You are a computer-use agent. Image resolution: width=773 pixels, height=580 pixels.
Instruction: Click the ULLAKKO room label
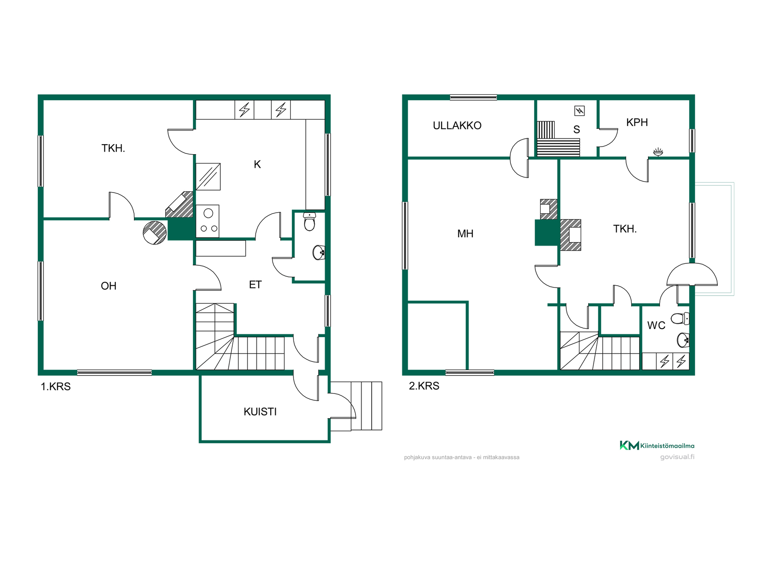click(457, 126)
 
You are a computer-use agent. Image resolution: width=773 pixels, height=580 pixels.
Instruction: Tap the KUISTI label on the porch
click(260, 412)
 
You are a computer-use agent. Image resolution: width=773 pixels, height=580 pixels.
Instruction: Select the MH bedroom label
click(465, 234)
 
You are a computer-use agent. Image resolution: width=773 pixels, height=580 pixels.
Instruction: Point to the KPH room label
click(637, 122)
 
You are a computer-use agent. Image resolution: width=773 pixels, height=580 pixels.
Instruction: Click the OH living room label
click(108, 286)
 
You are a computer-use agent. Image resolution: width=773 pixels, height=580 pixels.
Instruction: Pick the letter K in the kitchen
click(257, 164)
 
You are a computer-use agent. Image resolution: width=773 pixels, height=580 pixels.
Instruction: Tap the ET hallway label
click(255, 285)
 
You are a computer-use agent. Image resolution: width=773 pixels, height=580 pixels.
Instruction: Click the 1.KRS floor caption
click(56, 387)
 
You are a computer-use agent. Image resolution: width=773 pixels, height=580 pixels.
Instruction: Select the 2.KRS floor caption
click(424, 386)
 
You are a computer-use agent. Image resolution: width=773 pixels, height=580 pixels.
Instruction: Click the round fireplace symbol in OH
click(155, 233)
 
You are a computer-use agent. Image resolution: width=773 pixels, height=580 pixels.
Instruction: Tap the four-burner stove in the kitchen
click(208, 221)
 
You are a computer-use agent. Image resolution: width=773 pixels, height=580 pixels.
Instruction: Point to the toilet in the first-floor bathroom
click(309, 222)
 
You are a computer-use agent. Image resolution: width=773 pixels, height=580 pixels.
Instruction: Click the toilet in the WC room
click(680, 319)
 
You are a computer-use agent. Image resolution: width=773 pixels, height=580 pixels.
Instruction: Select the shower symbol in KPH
click(658, 152)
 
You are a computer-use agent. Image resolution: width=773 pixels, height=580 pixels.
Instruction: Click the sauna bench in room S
click(558, 139)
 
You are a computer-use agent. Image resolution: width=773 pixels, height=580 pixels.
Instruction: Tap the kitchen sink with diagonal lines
click(208, 176)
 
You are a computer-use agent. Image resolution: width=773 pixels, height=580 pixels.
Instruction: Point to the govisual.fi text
click(677, 457)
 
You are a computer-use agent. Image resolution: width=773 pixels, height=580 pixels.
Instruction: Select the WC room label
click(656, 325)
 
